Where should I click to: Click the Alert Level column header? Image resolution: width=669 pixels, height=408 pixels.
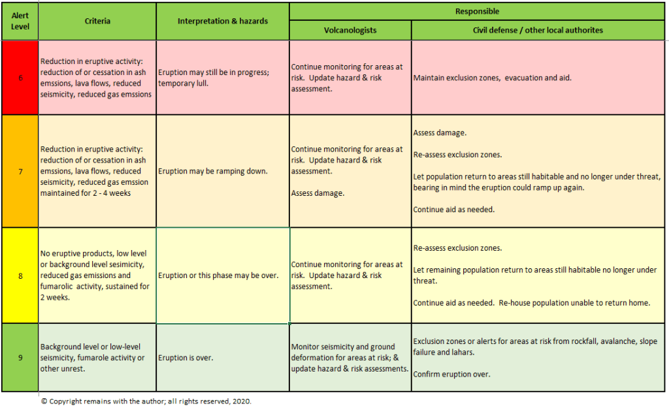point(20,21)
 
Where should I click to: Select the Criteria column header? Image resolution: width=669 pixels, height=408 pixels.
point(97,21)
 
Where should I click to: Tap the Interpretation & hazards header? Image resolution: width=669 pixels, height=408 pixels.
point(223,21)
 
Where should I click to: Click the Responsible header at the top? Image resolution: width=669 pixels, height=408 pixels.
point(477,11)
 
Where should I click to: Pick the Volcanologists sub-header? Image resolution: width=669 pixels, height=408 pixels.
point(350,30)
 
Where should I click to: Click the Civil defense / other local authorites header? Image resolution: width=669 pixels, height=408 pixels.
point(538,30)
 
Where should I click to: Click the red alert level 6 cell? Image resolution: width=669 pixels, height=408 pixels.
point(20,78)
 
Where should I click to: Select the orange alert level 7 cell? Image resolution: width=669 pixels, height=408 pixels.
point(20,171)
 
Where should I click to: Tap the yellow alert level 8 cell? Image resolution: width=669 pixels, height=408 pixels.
point(20,275)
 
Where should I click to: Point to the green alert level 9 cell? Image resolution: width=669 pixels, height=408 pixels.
point(20,357)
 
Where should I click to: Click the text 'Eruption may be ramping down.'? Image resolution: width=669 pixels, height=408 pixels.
point(213,171)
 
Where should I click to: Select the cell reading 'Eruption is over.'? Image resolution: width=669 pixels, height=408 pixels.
point(186,358)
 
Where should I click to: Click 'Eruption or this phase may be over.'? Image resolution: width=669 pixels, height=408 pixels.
point(218,275)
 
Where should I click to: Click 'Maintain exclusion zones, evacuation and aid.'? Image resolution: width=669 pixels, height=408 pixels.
point(493,78)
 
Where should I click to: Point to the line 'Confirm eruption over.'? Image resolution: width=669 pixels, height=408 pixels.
point(452,375)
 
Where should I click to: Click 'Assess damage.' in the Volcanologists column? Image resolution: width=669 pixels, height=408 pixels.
point(317,193)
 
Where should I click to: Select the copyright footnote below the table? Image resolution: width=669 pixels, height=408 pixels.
point(146,401)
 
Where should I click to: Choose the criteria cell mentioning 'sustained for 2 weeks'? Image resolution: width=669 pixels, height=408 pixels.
point(97,275)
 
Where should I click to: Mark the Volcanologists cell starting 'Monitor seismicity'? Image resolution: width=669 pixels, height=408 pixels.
point(350,358)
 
